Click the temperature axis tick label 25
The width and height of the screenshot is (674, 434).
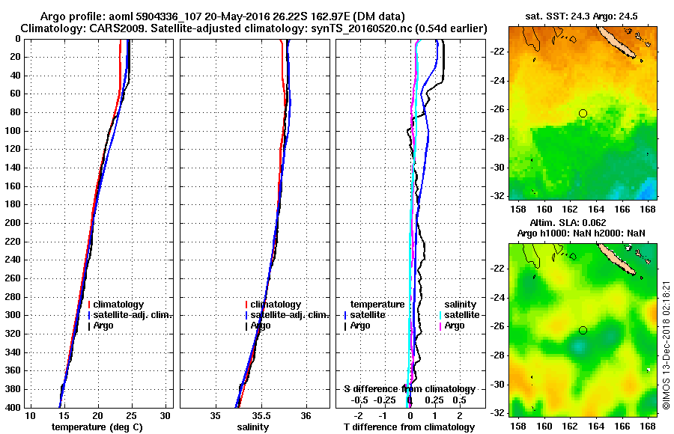coord(132,415)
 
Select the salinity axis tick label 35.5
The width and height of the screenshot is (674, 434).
coord(261,415)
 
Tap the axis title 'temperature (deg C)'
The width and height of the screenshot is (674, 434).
coord(97,427)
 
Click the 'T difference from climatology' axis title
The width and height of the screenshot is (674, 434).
coord(409,427)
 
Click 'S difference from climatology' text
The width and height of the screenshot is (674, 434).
coord(409,389)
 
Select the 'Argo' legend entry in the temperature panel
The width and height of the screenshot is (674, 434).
coord(106,325)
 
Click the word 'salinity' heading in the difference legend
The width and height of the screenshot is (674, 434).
coord(461,305)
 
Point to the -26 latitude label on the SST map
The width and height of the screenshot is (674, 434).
coord(495,109)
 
